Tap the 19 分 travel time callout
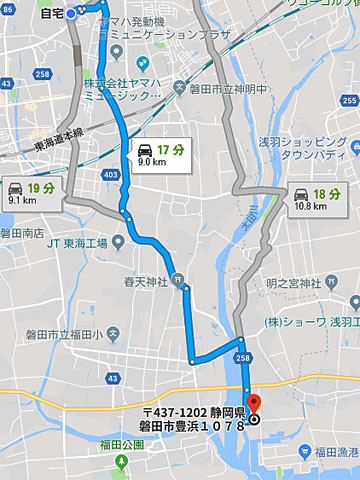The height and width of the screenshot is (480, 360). click(30, 191)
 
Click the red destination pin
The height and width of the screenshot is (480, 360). click(253, 403)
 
